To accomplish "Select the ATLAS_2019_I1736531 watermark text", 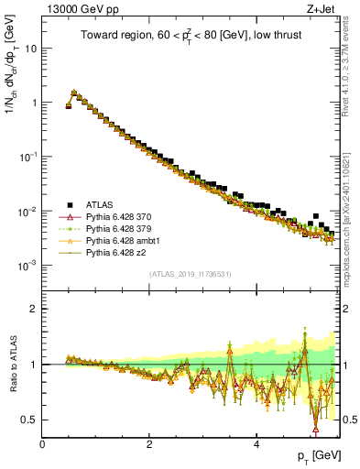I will pyautogui.click(x=191, y=274).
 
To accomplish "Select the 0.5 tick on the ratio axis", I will pyautogui.click(x=30, y=420).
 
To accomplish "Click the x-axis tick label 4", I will pyautogui.click(x=256, y=444).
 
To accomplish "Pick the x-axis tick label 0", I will pyautogui.click(x=42, y=444).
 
